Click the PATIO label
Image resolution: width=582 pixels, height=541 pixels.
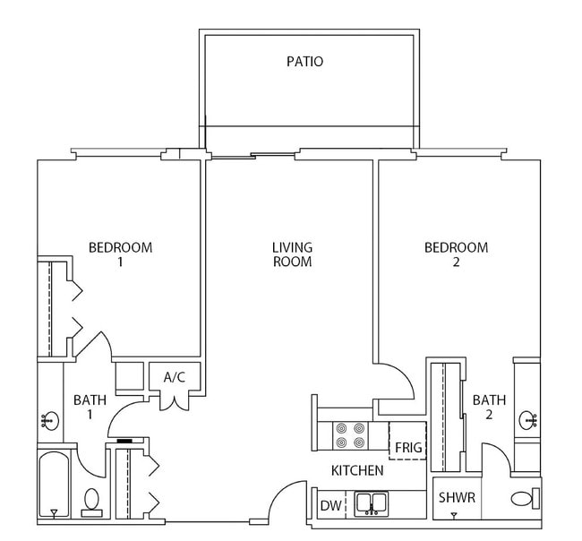coord(304,62)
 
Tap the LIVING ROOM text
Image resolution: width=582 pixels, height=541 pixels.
coord(292,254)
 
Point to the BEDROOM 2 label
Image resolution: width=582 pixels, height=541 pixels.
coord(456,254)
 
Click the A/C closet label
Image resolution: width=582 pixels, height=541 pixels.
coord(174,377)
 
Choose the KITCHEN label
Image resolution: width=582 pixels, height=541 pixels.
coord(357,470)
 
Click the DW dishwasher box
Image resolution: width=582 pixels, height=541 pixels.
coord(330,506)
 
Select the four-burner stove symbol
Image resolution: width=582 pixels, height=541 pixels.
coord(350,436)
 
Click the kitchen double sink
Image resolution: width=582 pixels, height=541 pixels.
coord(371,503)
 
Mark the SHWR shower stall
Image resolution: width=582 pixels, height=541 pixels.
coord(456,499)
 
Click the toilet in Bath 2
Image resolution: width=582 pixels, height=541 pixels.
coord(523,499)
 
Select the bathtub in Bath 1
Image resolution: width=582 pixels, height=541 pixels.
coord(54,485)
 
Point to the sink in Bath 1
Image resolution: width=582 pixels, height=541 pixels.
coord(48,419)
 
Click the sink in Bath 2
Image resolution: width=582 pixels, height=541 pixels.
coord(527,418)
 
